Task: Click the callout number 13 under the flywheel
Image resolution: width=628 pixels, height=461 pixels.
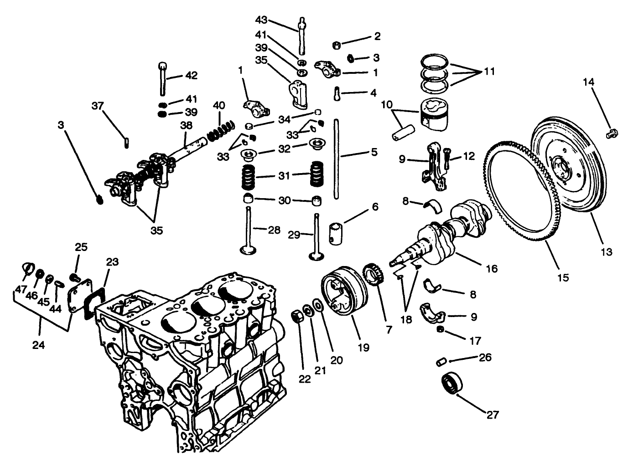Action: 606,252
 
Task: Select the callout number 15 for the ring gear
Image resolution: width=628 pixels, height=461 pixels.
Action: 563,277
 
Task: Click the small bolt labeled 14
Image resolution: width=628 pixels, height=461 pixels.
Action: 612,133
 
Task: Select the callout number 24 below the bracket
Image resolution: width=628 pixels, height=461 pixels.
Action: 39,345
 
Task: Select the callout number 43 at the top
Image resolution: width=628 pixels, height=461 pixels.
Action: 261,20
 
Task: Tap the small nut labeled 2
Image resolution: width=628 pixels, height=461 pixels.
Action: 336,45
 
